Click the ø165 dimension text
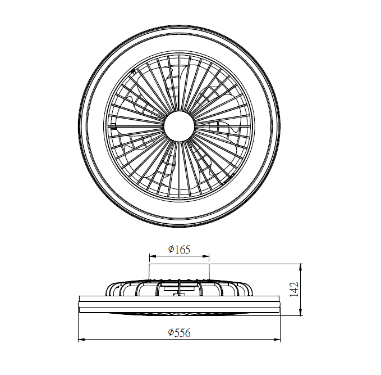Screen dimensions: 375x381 coord(179,249)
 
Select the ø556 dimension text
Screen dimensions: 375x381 coord(180,333)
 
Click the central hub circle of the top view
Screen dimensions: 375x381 coord(179,125)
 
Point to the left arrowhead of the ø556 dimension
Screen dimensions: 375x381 coord(80,340)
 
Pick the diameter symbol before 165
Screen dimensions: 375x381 coord(171,249)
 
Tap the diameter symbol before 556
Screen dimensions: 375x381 coord(171,333)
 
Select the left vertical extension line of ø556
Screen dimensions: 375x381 coord(77,326)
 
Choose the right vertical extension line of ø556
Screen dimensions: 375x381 coord(281,326)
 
